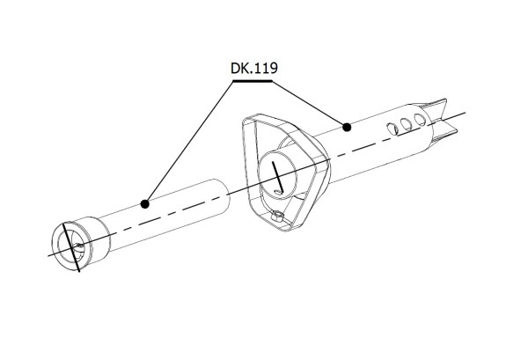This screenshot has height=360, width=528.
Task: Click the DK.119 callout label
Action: tap(251, 67)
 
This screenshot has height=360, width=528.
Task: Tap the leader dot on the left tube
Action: tap(145, 203)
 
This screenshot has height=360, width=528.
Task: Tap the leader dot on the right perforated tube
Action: tap(348, 128)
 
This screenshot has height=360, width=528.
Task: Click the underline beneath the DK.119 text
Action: tap(251, 82)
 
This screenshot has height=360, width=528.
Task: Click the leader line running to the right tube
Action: tap(308, 104)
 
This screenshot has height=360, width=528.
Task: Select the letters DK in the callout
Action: tap(237, 67)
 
